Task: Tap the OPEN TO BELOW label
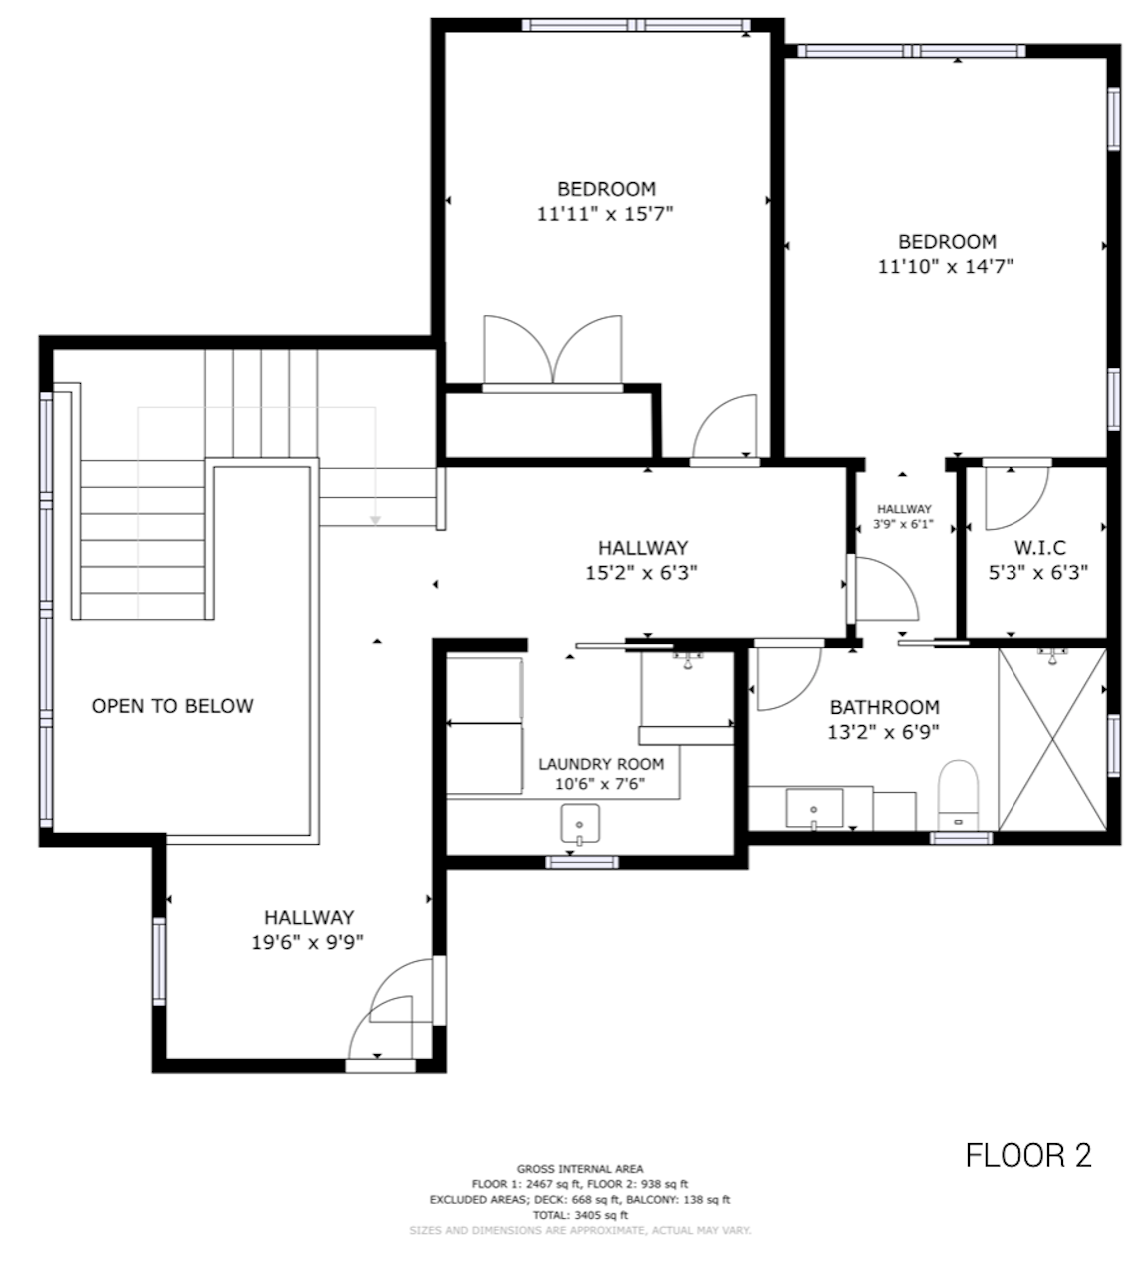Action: pyautogui.click(x=172, y=706)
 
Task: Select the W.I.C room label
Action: pyautogui.click(x=1040, y=547)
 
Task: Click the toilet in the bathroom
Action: pyautogui.click(x=958, y=795)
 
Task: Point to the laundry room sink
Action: pyautogui.click(x=580, y=824)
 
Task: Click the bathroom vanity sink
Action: pyautogui.click(x=814, y=808)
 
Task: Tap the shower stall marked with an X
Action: pyautogui.click(x=1052, y=739)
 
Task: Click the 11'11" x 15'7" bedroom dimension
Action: pyautogui.click(x=605, y=214)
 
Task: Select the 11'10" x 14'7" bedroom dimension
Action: pyautogui.click(x=946, y=267)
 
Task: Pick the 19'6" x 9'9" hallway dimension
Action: pyautogui.click(x=308, y=942)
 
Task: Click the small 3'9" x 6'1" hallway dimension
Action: pyautogui.click(x=903, y=523)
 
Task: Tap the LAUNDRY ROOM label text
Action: pyautogui.click(x=601, y=764)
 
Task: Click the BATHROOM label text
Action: pyautogui.click(x=884, y=707)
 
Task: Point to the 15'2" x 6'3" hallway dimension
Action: pyautogui.click(x=642, y=573)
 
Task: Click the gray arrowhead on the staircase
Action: pyautogui.click(x=375, y=520)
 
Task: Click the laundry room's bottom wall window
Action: pyautogui.click(x=582, y=862)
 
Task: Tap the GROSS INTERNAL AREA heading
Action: pyautogui.click(x=580, y=1169)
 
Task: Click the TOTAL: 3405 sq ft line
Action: pyautogui.click(x=580, y=1215)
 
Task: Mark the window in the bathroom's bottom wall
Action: pyautogui.click(x=961, y=838)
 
